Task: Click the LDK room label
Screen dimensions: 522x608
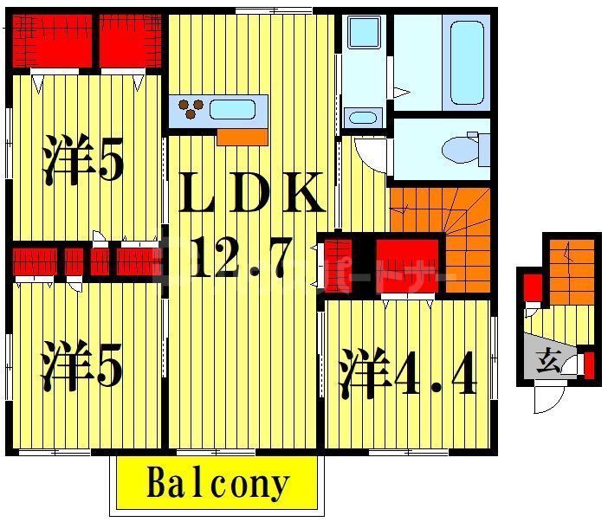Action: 252,196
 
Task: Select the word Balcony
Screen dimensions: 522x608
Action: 216,484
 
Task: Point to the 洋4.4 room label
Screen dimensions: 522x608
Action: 407,373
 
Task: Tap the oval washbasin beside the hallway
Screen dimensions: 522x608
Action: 363,117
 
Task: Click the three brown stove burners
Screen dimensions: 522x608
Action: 191,109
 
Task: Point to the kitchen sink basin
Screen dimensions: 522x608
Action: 232,110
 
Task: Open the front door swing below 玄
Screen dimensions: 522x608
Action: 548,399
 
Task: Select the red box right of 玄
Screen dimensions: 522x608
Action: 590,364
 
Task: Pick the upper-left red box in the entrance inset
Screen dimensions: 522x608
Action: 533,285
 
